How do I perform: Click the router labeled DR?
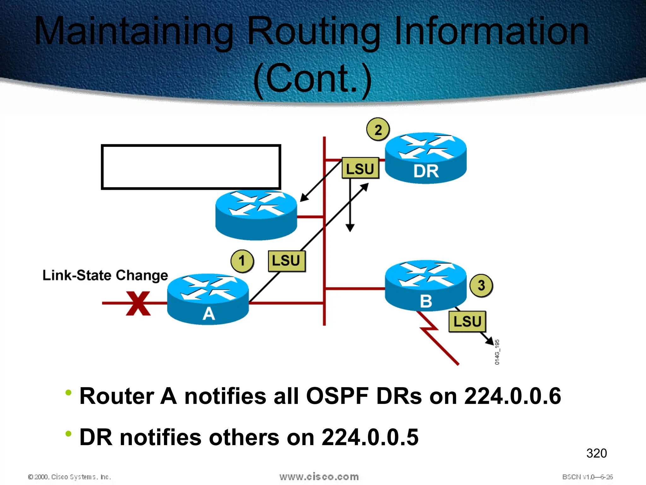coord(426,158)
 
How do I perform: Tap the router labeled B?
coord(426,286)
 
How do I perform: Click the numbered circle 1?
coord(242,261)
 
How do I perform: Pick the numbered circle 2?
coord(378,129)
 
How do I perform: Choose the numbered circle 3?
coord(481,285)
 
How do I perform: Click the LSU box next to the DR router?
coord(360,168)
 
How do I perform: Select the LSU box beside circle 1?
coord(286,261)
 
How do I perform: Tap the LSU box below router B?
coord(467,321)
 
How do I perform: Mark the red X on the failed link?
coord(138,303)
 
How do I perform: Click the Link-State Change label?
coord(105,275)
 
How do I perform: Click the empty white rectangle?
coord(191,167)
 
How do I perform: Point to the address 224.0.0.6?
coord(513,396)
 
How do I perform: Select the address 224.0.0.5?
coord(370,437)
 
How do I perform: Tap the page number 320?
coord(596,453)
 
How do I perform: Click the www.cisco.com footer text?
coord(319,477)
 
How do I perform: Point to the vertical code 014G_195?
coord(497,352)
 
